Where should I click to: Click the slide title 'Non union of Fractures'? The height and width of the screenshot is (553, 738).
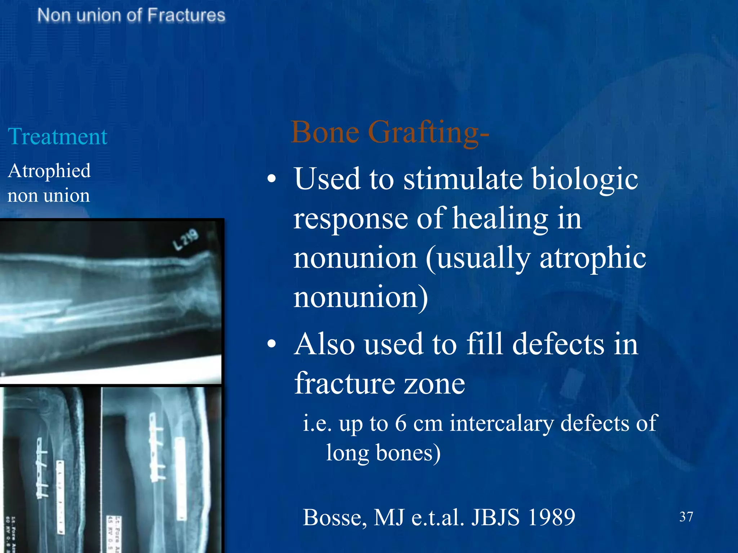click(131, 16)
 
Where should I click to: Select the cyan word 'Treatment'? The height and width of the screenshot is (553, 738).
click(58, 137)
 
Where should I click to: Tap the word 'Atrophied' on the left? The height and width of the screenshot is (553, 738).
click(49, 171)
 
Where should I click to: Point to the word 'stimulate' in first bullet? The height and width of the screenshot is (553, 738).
click(463, 179)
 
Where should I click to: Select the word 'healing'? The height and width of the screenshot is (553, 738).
click(500, 219)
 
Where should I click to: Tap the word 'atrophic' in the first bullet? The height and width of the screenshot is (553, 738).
click(593, 258)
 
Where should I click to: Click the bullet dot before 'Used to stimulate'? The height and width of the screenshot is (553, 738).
click(272, 179)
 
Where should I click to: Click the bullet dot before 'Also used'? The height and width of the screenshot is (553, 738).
click(272, 344)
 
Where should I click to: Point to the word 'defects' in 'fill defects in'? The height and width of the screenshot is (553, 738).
click(558, 344)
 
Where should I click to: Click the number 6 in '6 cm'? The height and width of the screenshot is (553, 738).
click(401, 423)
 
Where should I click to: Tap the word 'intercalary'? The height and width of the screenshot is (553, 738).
click(501, 423)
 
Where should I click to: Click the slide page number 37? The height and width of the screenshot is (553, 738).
click(686, 517)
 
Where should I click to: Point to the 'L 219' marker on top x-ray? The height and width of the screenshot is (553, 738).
click(186, 239)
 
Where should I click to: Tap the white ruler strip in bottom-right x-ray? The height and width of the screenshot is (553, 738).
click(180, 479)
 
